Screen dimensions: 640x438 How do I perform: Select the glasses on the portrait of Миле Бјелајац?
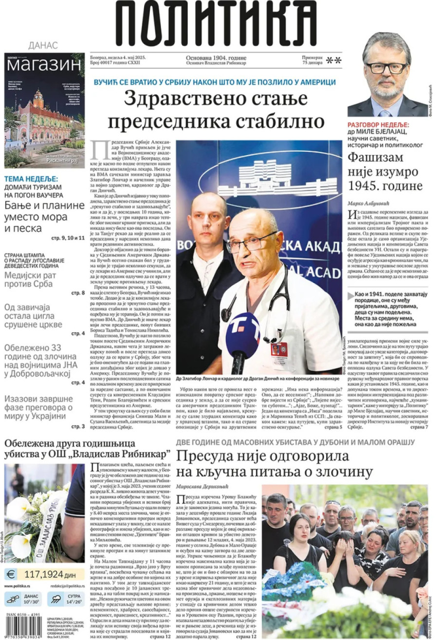tap(386, 67)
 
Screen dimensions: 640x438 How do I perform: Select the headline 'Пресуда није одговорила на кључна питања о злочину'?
tap(269, 464)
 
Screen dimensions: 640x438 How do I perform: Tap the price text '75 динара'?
tap(312, 62)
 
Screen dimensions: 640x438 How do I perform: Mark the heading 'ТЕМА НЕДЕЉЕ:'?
tap(31, 179)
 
